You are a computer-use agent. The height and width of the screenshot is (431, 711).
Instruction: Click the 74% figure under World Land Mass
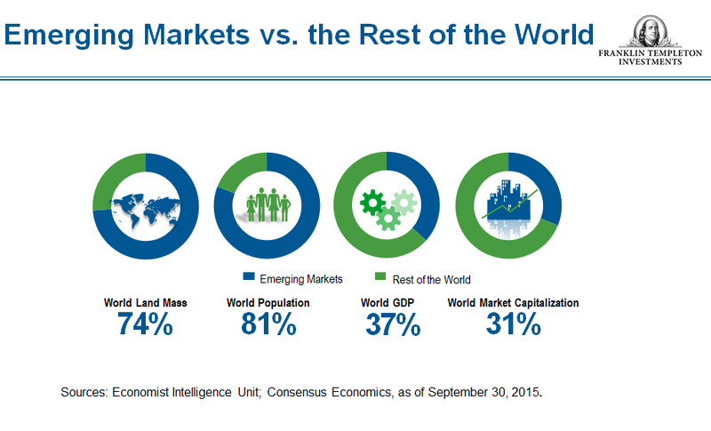(144, 324)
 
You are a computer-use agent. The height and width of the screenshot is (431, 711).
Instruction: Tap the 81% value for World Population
(268, 324)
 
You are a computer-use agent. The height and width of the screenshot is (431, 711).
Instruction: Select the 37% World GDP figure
(393, 324)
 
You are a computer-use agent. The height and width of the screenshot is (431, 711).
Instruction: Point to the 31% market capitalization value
(513, 324)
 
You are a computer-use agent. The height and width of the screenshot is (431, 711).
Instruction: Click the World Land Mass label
(144, 303)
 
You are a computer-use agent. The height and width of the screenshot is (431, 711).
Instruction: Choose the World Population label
(268, 303)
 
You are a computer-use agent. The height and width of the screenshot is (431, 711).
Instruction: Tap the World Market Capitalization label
(513, 303)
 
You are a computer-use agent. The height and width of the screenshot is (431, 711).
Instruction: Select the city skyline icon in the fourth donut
(507, 205)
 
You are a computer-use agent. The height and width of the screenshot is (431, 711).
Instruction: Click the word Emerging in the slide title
(76, 36)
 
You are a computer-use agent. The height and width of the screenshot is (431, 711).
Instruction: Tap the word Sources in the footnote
(84, 392)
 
